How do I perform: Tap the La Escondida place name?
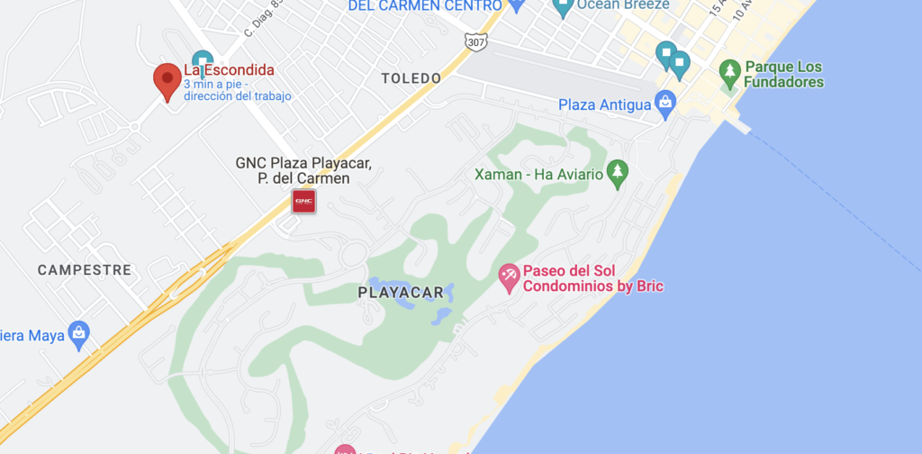tap(229, 69)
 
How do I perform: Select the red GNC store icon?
tap(303, 202)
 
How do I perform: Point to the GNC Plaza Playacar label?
tap(303, 170)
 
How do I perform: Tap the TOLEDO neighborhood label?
tap(411, 78)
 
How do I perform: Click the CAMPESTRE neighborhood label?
tap(85, 269)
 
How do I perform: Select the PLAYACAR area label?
tap(401, 292)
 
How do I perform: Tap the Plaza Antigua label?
tap(604, 105)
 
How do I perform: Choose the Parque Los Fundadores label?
tap(783, 75)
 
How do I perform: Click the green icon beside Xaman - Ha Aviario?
tap(617, 172)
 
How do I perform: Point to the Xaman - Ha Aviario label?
tap(538, 174)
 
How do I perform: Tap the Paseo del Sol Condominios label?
tap(592, 278)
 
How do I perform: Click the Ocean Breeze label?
tap(623, 5)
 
